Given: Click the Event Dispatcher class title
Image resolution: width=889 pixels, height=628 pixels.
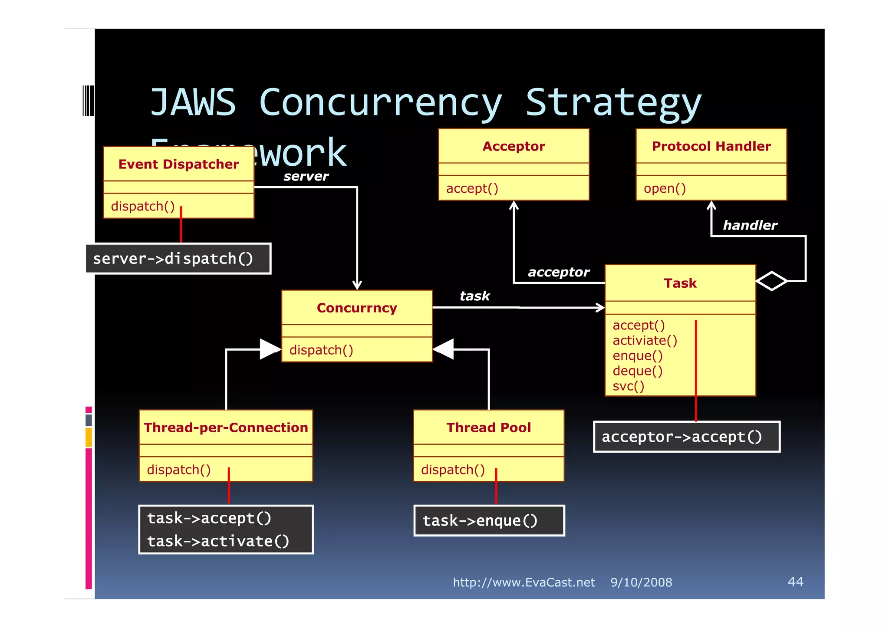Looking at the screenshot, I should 178,164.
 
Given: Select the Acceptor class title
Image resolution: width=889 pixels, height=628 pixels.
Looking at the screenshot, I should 514,146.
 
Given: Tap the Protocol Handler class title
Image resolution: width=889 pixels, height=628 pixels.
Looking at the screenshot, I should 711,146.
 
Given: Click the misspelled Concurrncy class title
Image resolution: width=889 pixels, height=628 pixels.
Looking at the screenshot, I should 357,308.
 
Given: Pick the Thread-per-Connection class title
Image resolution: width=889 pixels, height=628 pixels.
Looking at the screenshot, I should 226,427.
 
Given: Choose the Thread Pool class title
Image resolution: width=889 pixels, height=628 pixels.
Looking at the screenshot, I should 488,427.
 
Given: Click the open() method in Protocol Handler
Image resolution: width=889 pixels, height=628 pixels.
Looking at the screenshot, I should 665,188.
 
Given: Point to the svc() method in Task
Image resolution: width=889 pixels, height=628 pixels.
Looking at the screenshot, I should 628,386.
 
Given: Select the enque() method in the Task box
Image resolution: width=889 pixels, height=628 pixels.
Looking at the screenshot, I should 637,355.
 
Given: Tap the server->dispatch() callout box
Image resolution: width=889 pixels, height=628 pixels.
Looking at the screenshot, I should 178,259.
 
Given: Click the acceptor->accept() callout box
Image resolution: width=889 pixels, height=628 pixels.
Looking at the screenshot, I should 686,437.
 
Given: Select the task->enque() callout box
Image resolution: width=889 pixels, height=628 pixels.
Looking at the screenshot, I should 489,520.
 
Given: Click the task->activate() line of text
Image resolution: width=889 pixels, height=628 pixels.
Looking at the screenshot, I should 218,541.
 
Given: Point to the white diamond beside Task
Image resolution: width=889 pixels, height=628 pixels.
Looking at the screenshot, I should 771,281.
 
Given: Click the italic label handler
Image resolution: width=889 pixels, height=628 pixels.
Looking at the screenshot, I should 750,225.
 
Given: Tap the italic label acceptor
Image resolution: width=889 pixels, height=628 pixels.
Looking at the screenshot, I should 558,272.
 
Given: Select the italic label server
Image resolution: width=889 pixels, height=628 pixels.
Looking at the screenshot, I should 306,176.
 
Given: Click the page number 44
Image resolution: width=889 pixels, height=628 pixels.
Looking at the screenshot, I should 795,582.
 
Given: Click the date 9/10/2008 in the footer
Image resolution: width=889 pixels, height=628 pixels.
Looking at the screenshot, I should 641,582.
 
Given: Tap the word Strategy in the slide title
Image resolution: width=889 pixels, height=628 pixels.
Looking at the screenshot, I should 613,103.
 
